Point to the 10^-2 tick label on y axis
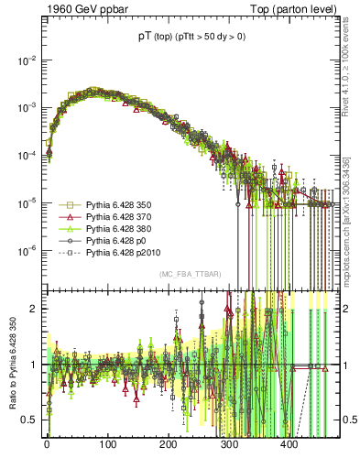(26, 60)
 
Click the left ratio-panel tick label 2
(33, 309)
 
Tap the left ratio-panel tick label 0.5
(29, 420)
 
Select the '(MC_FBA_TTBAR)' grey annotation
(187, 275)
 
